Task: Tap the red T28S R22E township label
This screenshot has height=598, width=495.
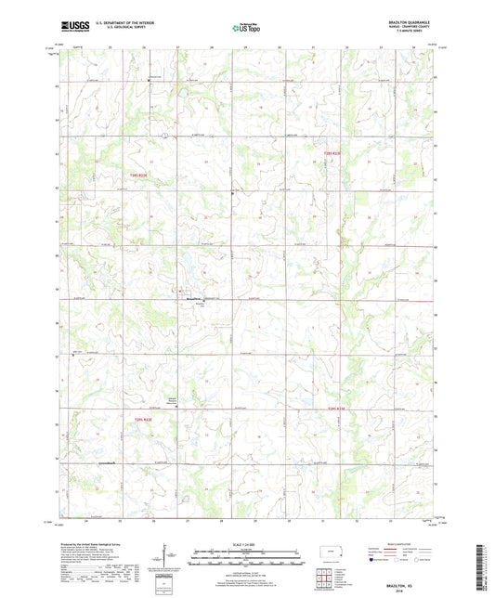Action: coord(135,174)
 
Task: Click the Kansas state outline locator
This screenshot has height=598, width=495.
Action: coord(333,553)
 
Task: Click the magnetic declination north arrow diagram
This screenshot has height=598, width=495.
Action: coord(167,558)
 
